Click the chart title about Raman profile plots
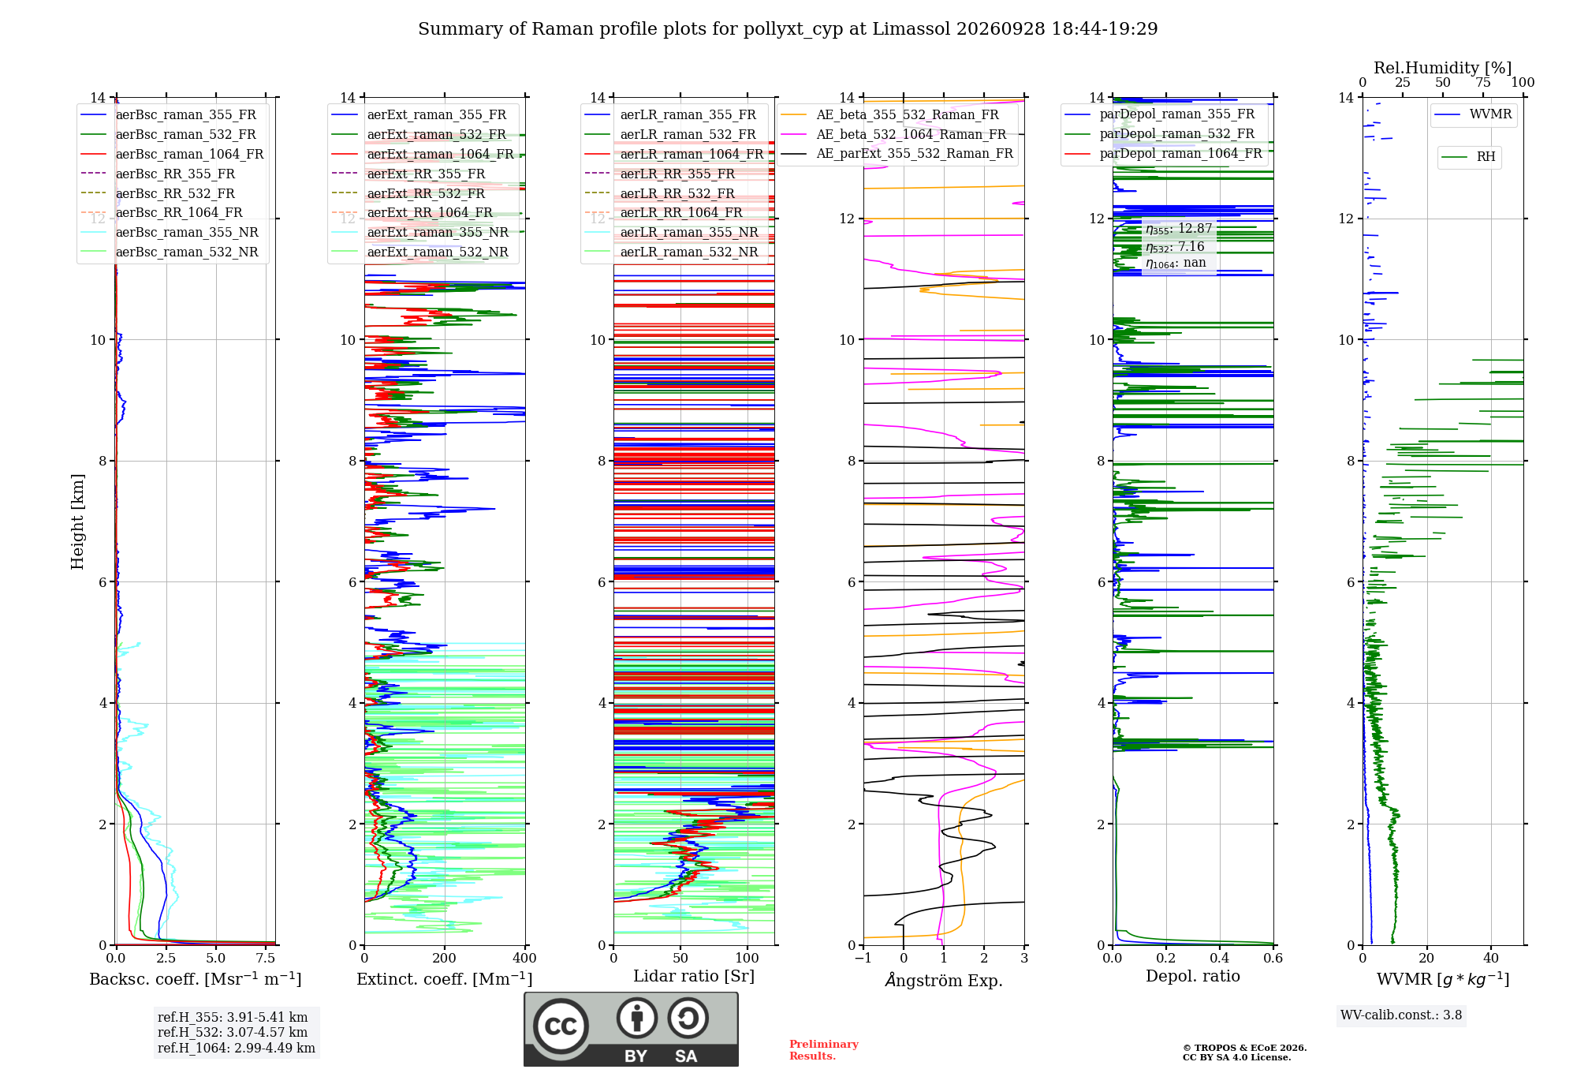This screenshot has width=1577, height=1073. (788, 29)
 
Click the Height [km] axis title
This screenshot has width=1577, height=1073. (77, 522)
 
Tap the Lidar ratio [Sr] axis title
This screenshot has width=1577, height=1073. (694, 976)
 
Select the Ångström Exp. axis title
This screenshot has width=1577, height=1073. (944, 980)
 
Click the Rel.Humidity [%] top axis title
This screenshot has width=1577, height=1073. (1442, 68)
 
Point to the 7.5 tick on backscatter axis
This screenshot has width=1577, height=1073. (266, 958)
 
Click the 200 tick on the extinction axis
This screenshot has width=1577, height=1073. (445, 958)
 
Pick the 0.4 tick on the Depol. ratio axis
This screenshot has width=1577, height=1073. (1220, 958)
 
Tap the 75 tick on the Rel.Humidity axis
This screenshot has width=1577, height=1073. (1483, 83)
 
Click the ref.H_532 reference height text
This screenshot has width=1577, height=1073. (233, 1032)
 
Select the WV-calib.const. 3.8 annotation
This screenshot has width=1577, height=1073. (1401, 1015)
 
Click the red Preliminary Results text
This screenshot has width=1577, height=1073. (824, 1050)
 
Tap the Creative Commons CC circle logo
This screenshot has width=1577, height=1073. (561, 1026)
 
